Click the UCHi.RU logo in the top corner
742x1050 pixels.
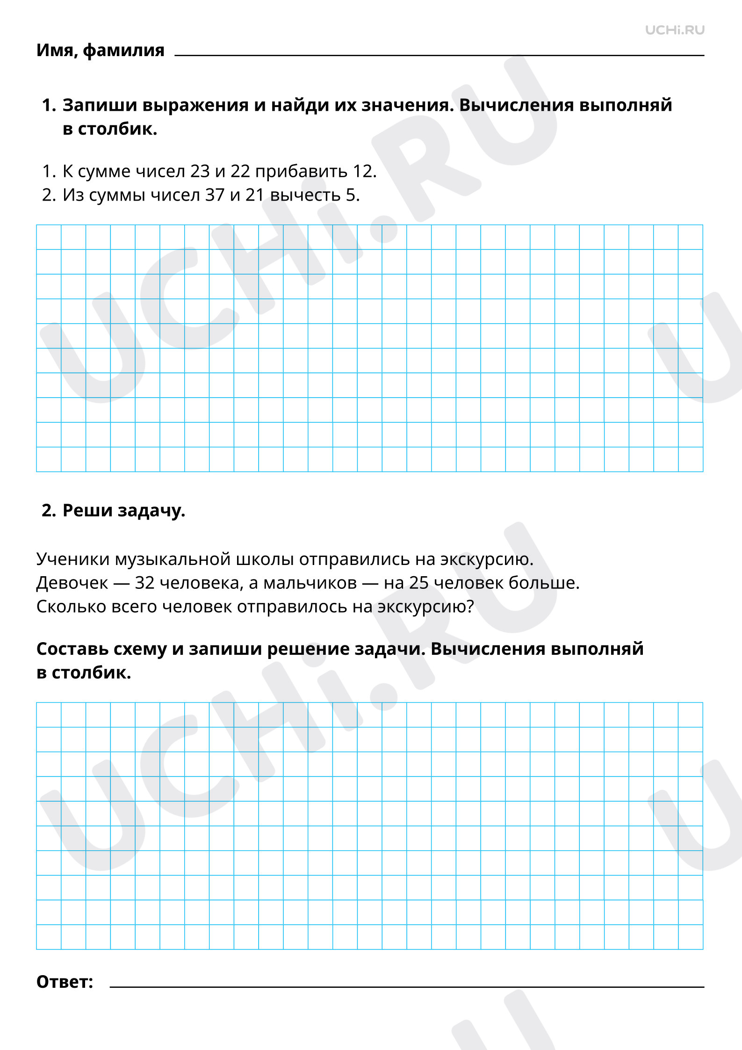(674, 30)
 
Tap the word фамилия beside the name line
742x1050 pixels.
(123, 50)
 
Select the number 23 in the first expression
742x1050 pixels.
(200, 172)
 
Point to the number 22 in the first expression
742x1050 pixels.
(240, 172)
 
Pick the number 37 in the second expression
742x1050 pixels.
(215, 195)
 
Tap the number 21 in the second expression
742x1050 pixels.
(255, 195)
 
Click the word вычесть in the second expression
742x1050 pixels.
(305, 195)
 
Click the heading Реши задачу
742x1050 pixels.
(123, 510)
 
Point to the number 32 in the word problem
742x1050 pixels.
(144, 583)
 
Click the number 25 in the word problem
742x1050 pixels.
(419, 583)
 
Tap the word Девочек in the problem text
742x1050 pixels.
(72, 583)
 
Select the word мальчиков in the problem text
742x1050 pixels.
(310, 583)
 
